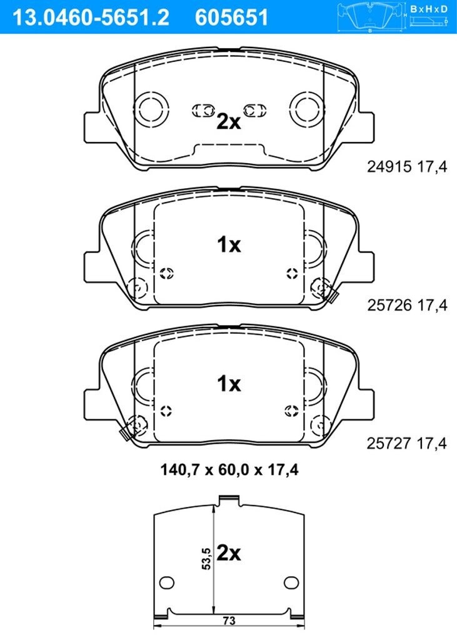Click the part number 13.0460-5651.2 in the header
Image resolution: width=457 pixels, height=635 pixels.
91,17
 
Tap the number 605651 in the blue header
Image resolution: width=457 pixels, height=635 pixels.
232,17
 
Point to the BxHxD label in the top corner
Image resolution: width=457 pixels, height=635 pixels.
429,9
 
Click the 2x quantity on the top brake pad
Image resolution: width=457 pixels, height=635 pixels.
229,121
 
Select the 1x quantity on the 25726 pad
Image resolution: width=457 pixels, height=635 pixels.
229,244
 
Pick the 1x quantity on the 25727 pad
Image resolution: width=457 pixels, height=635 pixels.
229,383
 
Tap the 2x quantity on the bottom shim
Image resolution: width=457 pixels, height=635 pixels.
229,552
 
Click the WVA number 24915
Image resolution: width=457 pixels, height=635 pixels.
389,166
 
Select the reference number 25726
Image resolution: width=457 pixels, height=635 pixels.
389,305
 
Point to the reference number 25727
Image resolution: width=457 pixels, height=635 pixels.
389,444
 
